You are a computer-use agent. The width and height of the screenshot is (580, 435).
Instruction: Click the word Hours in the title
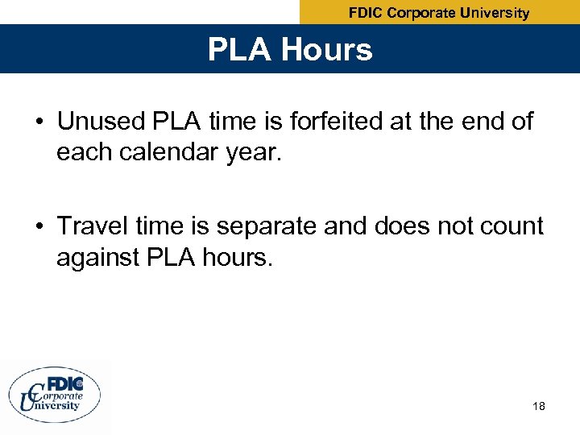[x=328, y=50]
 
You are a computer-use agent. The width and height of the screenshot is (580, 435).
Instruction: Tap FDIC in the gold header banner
[x=367, y=13]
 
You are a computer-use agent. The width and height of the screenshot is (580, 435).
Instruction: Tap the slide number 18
[x=539, y=406]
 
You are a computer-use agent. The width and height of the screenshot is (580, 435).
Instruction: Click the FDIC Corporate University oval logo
[x=55, y=395]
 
